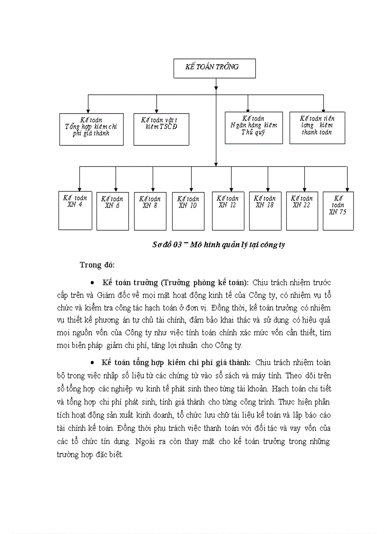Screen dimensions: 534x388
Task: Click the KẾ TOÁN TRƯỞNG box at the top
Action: (x=214, y=68)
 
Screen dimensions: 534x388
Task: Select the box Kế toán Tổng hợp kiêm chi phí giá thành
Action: (x=91, y=128)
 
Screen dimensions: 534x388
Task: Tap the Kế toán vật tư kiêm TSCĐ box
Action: (x=162, y=128)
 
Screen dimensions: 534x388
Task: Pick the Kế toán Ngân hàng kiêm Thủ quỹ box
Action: (x=253, y=127)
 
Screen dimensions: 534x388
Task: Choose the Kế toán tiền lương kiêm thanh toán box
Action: (x=317, y=127)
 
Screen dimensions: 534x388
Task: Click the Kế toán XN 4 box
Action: (x=75, y=210)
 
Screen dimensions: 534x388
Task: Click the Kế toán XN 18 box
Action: (x=265, y=211)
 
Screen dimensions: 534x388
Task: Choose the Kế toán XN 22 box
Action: (x=302, y=211)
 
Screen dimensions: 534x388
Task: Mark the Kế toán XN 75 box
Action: (x=338, y=211)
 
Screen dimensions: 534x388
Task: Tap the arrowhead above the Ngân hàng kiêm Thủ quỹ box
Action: (x=247, y=109)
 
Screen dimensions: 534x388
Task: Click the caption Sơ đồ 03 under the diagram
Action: (x=218, y=244)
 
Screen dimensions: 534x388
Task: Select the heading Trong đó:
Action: (x=97, y=265)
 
